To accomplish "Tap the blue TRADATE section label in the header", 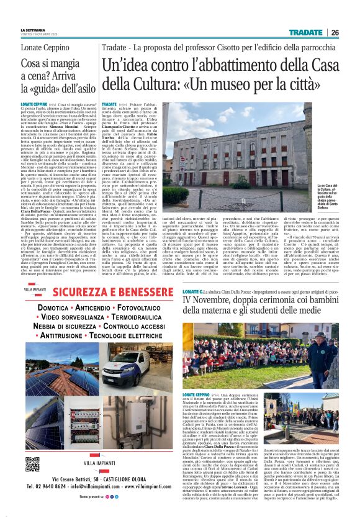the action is coord(309,32).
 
